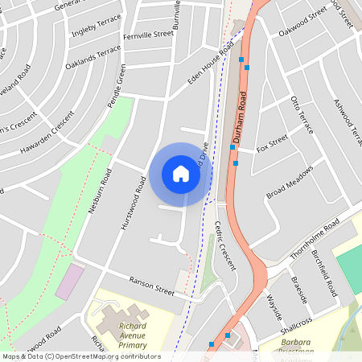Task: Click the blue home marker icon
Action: click(181, 174)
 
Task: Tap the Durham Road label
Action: click(239, 117)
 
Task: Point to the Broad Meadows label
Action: click(289, 181)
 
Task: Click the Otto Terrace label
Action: click(304, 114)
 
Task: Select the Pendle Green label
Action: click(117, 91)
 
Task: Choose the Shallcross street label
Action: click(295, 326)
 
